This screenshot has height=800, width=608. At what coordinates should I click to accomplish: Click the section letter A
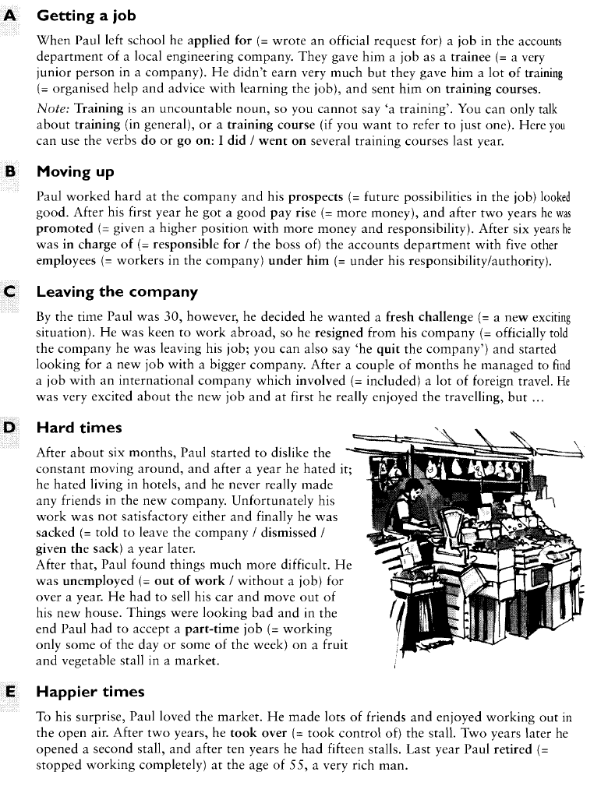click(12, 15)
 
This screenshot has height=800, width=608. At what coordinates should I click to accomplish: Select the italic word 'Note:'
click(53, 110)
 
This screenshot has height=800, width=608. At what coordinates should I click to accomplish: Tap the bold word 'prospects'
click(316, 196)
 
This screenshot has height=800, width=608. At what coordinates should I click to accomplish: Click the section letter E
click(12, 692)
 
